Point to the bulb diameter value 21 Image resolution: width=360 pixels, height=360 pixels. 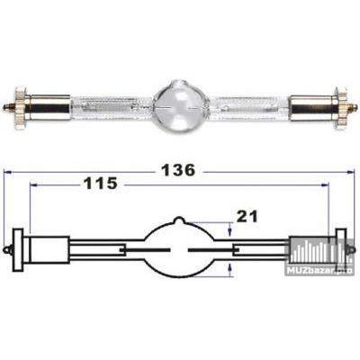(246, 216)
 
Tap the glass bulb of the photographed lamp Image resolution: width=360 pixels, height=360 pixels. (180, 108)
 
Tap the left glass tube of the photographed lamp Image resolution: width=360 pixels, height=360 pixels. (103, 109)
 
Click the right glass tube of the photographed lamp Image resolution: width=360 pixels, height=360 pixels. (256, 109)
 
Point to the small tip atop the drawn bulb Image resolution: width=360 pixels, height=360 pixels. (180, 220)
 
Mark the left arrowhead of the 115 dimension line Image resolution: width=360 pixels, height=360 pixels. (32, 186)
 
